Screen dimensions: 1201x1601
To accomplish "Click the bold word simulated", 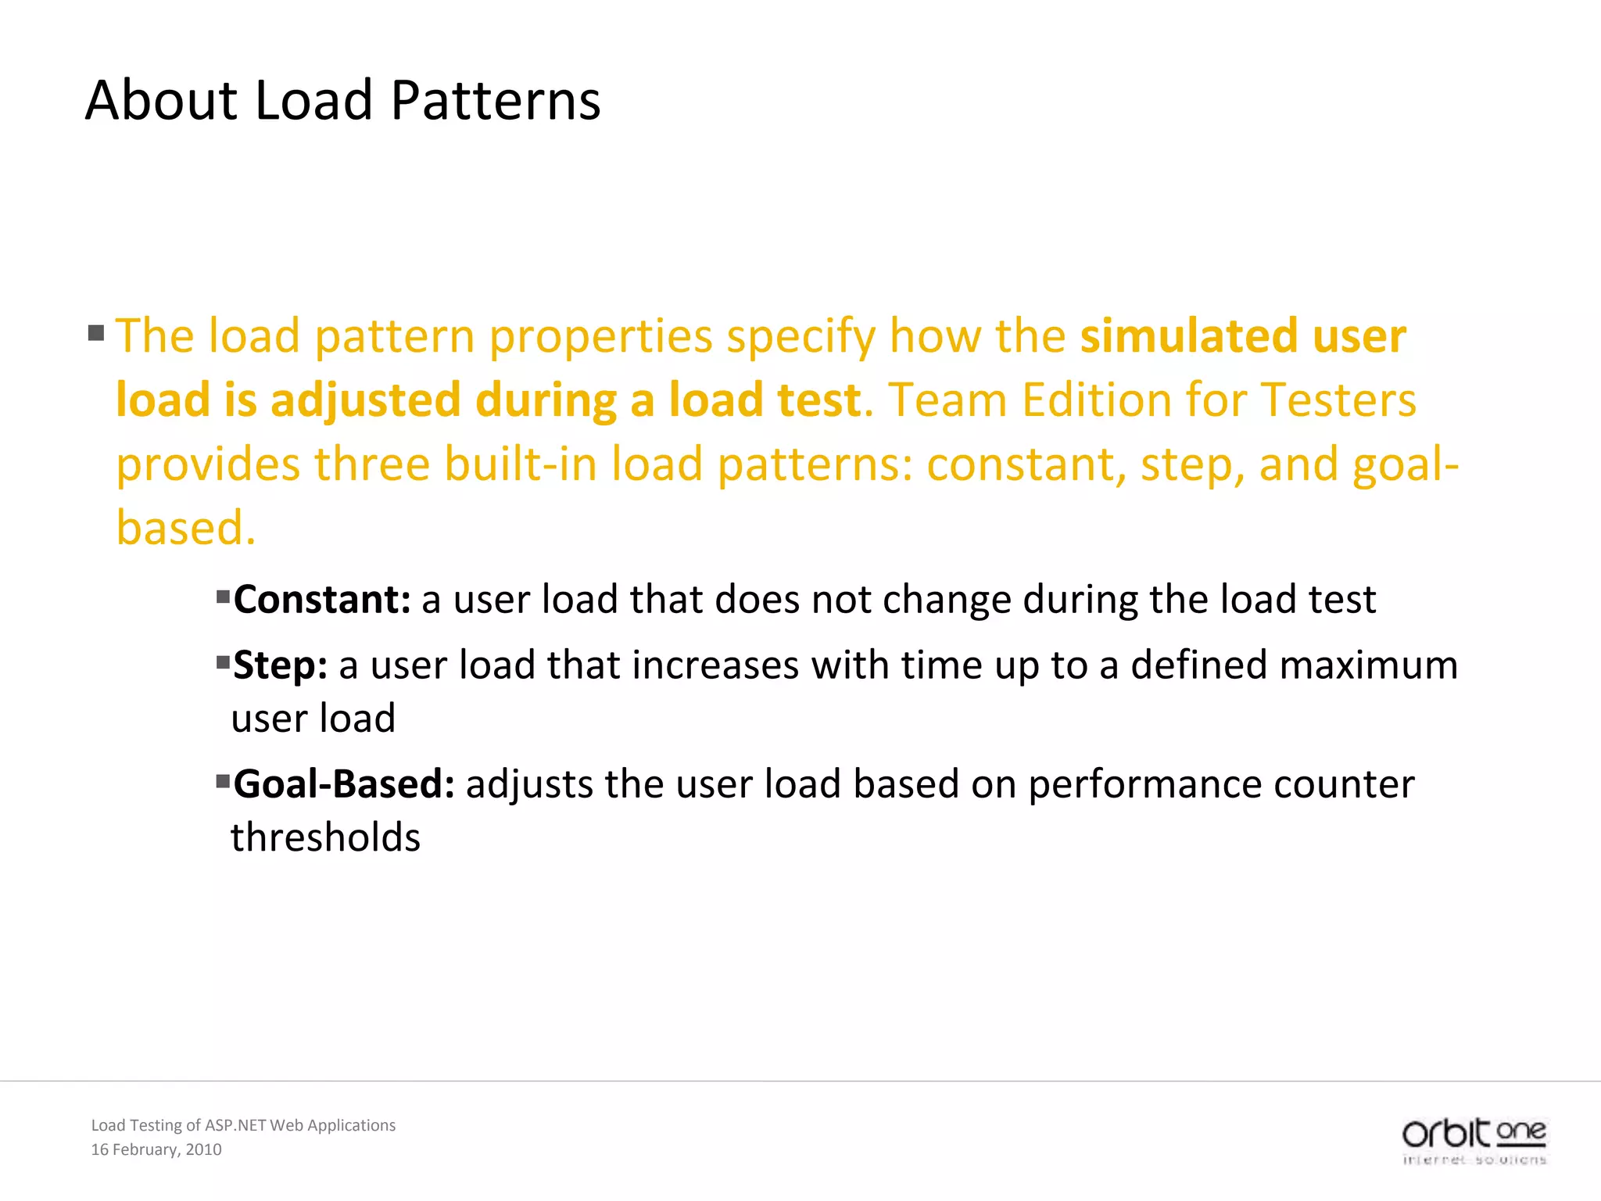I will pos(1188,336).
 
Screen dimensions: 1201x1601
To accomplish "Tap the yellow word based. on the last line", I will pos(186,528).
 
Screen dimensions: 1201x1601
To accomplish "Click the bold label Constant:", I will pos(322,600).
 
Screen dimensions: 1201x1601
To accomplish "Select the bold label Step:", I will pos(280,665).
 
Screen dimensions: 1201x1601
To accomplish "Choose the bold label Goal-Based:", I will pos(344,784).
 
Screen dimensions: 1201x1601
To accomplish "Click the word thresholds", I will pos(325,837).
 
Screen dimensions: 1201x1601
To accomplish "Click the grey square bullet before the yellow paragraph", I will pos(96,333).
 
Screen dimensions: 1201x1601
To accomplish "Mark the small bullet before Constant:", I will pos(223,598).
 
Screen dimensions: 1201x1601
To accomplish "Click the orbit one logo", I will pos(1474,1140).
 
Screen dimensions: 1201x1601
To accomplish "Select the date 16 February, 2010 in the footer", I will pos(156,1149).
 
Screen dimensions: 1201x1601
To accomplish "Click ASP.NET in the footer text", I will pos(235,1125).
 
